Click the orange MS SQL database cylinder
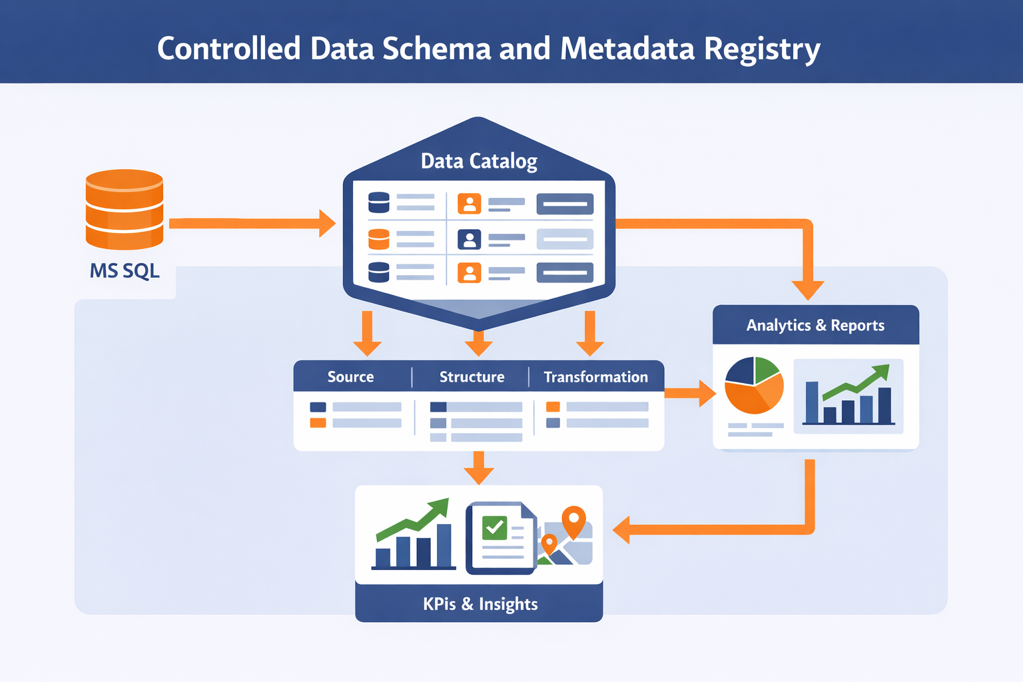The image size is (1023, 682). pyautogui.click(x=125, y=208)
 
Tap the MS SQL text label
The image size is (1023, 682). pyautogui.click(x=125, y=271)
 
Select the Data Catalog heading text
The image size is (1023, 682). pyautogui.click(x=479, y=161)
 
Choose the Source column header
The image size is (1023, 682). pyautogui.click(x=350, y=377)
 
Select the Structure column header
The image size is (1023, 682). pyautogui.click(x=472, y=377)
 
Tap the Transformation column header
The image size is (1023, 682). pyautogui.click(x=595, y=377)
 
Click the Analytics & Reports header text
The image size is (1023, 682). pyautogui.click(x=815, y=325)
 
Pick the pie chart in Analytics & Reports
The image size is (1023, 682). pyautogui.click(x=754, y=385)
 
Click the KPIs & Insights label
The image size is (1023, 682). pyautogui.click(x=480, y=604)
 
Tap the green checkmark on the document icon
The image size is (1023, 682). pyautogui.click(x=494, y=527)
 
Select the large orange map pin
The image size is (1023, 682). pyautogui.click(x=573, y=520)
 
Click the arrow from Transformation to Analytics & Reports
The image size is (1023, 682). pyautogui.click(x=689, y=393)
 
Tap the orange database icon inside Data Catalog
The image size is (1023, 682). pyautogui.click(x=378, y=238)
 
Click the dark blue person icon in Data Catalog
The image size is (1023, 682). pyautogui.click(x=469, y=239)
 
